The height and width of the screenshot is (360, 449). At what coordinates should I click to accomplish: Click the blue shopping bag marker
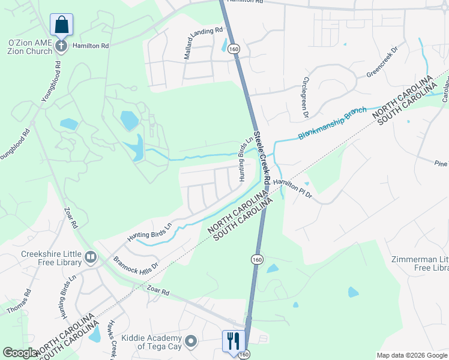point(61,25)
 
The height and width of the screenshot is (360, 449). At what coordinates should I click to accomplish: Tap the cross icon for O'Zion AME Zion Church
point(61,46)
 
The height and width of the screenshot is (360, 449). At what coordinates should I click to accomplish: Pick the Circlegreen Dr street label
point(306,97)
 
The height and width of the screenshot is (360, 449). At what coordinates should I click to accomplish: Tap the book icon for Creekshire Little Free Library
point(91,257)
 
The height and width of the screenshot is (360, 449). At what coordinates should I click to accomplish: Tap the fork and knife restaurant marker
point(232,341)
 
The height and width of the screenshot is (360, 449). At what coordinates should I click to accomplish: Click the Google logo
point(20,353)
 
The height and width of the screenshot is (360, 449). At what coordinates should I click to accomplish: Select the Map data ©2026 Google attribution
point(412,355)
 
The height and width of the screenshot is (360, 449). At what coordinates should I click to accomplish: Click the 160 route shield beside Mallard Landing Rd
point(234,49)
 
